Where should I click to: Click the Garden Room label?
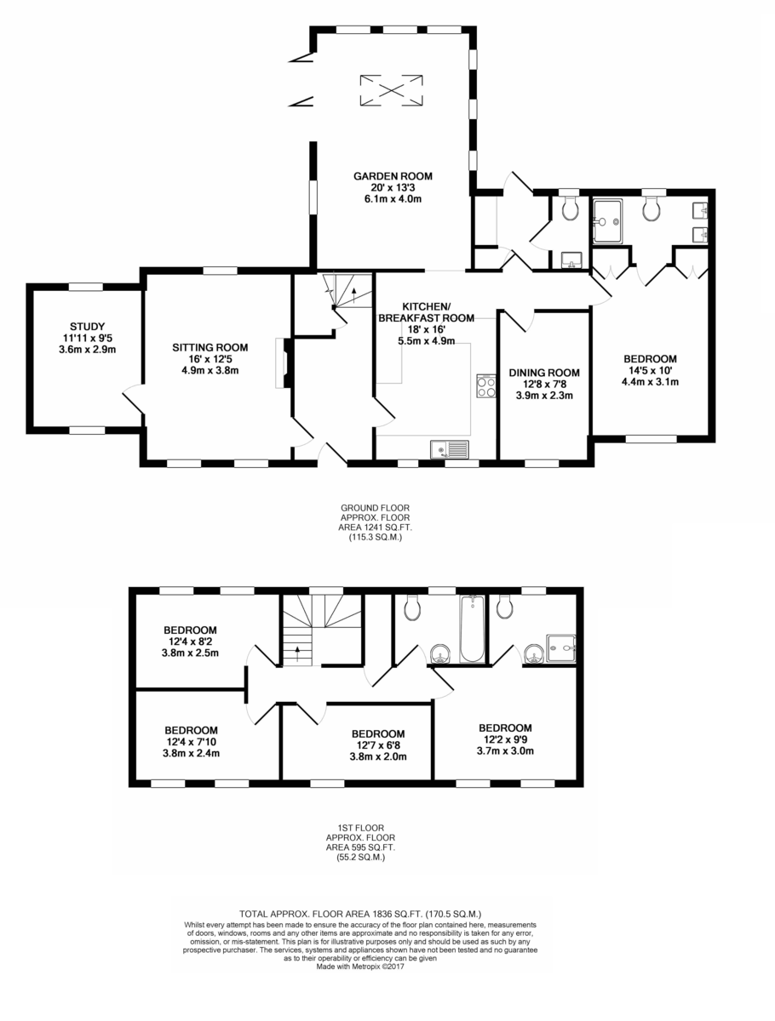(393, 176)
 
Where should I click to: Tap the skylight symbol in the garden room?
(391, 90)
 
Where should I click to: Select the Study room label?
(87, 327)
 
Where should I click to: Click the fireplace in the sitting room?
(284, 362)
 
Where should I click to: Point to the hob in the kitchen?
(486, 385)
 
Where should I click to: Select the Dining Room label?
(544, 373)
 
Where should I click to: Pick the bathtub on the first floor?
(472, 629)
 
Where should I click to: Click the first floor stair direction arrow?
(298, 653)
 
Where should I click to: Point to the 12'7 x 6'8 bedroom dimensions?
(378, 745)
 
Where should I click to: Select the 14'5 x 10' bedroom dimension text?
(651, 370)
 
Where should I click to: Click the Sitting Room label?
(210, 347)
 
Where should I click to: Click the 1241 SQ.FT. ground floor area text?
(376, 528)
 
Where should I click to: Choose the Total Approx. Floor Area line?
(360, 914)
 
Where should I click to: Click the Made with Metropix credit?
(360, 966)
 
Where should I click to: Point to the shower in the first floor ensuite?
(561, 648)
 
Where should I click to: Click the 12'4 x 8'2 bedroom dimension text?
(190, 642)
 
